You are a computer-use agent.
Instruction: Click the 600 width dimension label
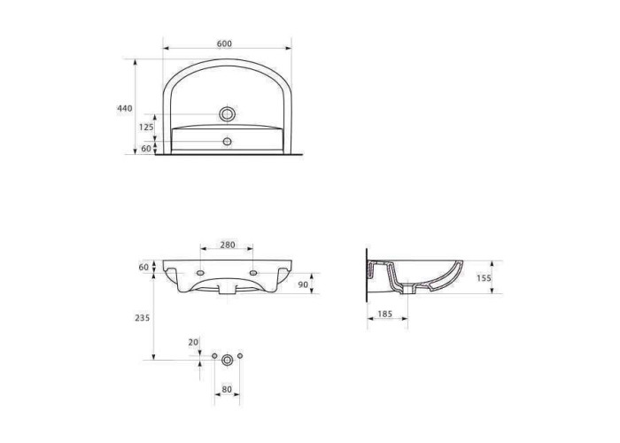pos(224,43)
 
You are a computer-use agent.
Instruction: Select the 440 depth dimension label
pos(125,108)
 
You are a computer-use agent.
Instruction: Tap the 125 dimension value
pos(146,127)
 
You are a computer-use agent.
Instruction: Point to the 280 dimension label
pos(227,245)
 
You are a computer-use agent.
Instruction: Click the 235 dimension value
pos(143,317)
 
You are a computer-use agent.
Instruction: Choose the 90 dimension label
pos(303,284)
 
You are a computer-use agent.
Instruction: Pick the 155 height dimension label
pos(484,278)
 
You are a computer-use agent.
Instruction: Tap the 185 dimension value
pos(384,314)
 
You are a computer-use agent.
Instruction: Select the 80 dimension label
pos(227,389)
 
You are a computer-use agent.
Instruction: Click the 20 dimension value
pos(193,342)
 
